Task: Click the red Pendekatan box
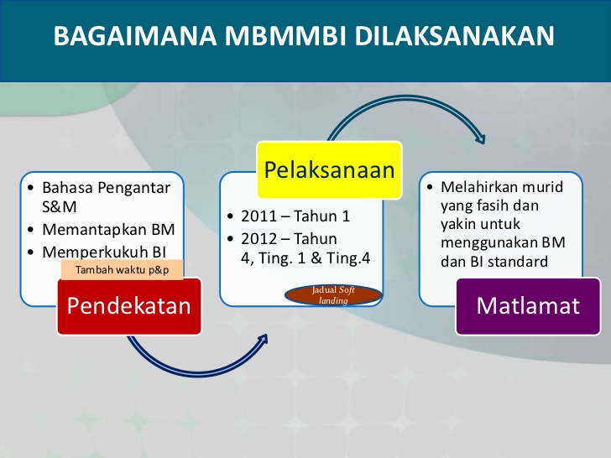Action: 128,306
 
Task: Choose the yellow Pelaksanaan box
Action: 329,170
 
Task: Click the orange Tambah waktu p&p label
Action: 122,270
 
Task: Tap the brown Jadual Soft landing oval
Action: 334,294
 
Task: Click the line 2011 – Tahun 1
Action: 295,216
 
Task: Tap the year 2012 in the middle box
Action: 258,239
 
